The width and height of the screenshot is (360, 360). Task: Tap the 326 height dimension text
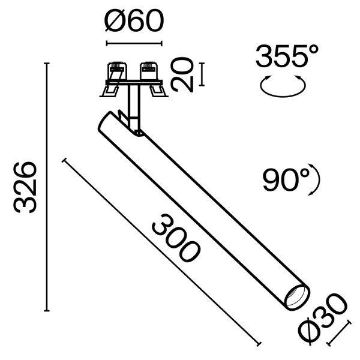pos(28,187)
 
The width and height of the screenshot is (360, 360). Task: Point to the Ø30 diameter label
pos(327,315)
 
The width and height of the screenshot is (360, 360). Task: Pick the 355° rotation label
pos(286,58)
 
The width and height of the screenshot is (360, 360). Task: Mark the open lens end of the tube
pos(296,296)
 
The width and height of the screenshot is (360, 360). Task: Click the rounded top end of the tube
pos(106,120)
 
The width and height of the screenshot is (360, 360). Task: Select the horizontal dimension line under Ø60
pos(134,43)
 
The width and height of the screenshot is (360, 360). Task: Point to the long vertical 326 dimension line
pos(47,187)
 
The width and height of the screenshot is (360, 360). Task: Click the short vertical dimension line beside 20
pos(200,74)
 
